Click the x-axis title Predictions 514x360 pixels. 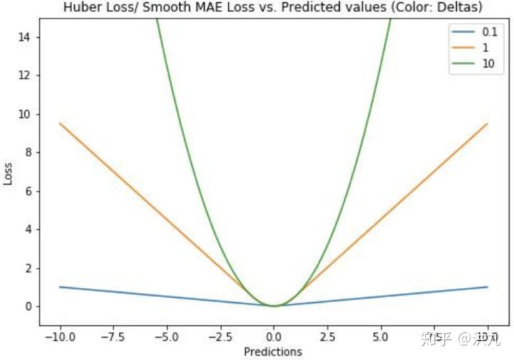(x=273, y=351)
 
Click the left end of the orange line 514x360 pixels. (x=60, y=124)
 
